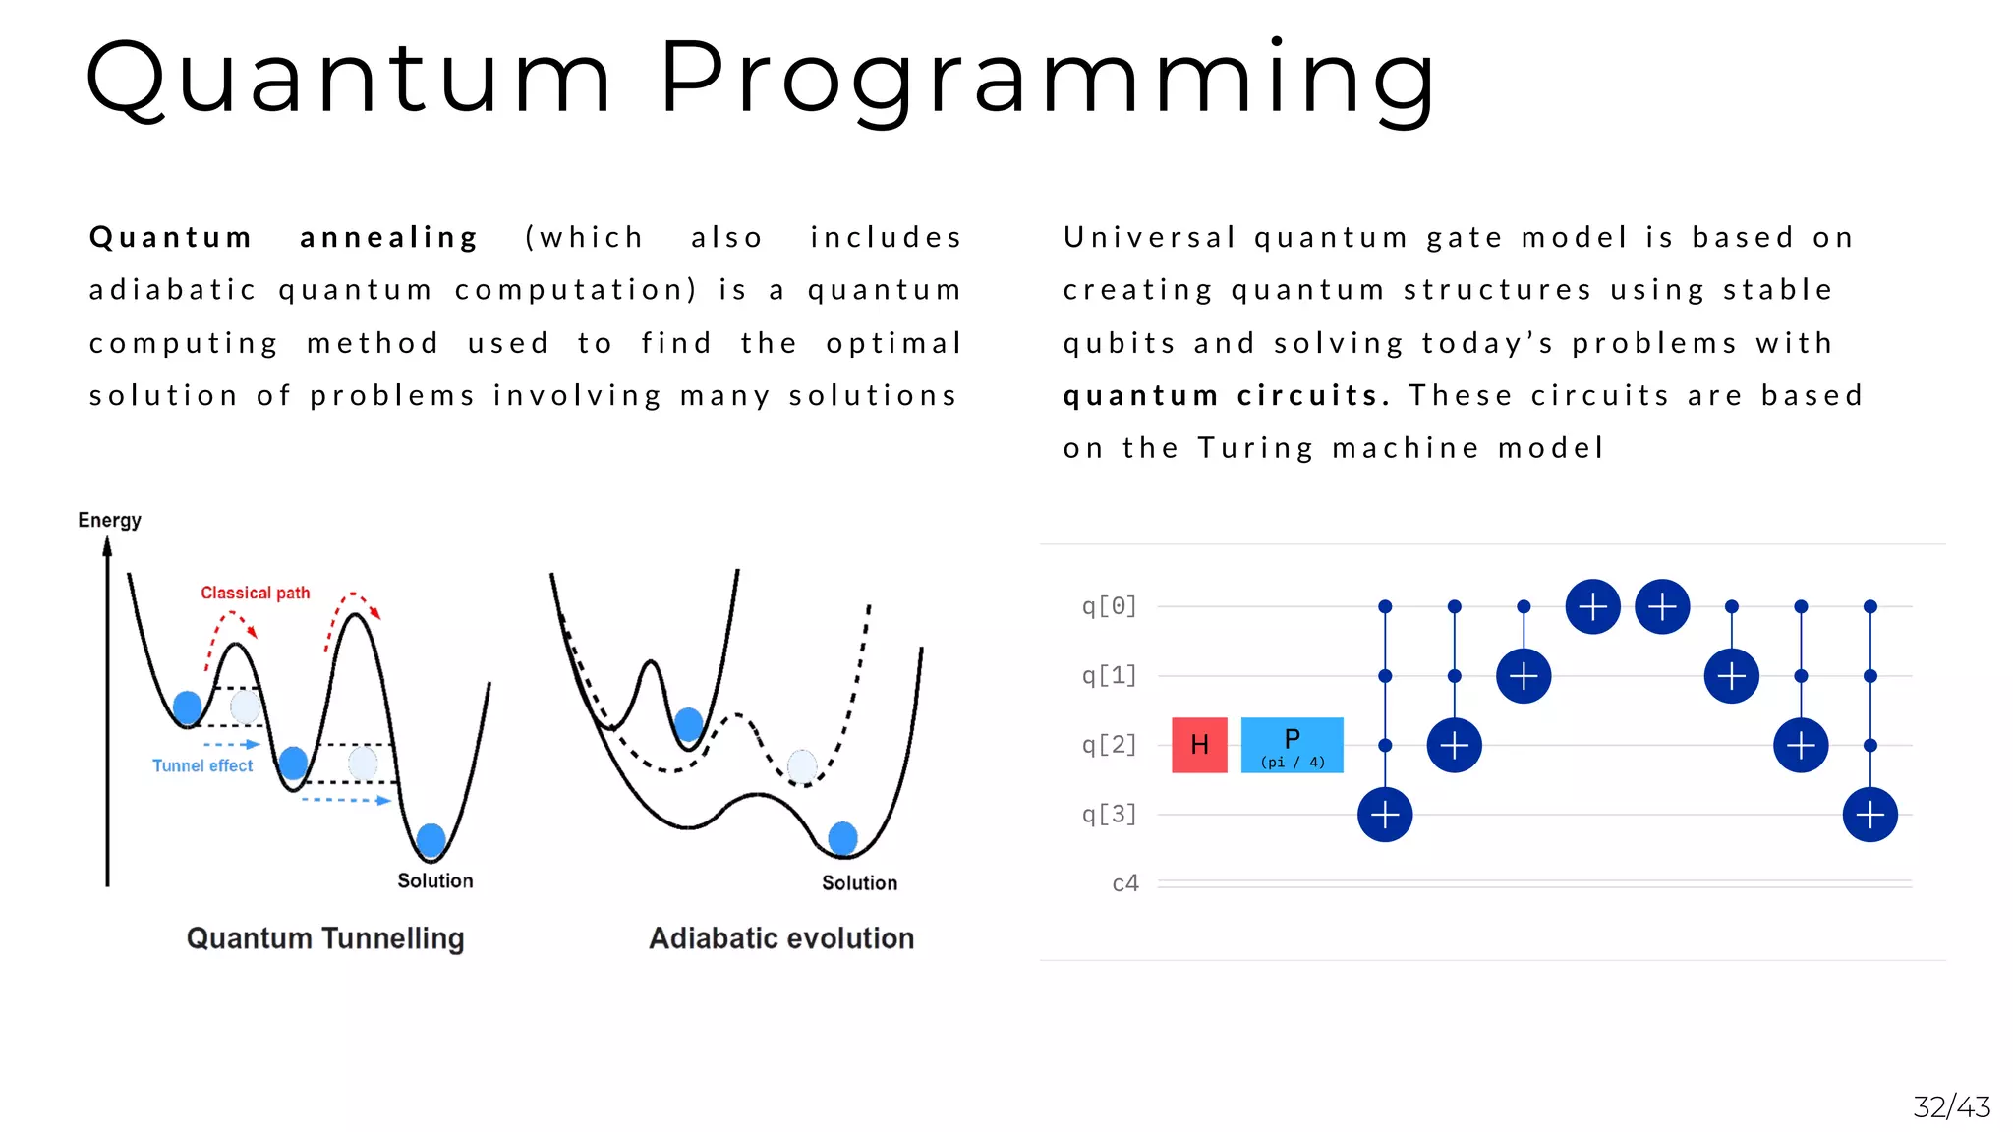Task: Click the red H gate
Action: pos(1199,745)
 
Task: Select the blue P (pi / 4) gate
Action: pos(1292,745)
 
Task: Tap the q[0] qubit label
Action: pos(1109,606)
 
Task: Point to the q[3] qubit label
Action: pos(1109,815)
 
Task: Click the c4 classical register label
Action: pos(1124,883)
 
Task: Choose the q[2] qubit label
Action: pos(1109,745)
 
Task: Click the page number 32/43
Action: pos(1951,1107)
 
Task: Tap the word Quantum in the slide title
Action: pos(349,79)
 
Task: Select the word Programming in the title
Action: pos(1048,79)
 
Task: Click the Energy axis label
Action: pos(109,520)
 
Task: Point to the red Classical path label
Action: pos(255,593)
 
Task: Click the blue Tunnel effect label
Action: pos(202,765)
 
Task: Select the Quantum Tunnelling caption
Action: pos(325,938)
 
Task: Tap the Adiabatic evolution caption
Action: pos(781,938)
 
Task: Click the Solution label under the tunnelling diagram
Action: pos(434,880)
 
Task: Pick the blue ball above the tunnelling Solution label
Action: pos(431,841)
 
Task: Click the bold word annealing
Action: pos(389,238)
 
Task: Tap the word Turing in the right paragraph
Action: pos(1255,448)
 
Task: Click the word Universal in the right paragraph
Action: pos(1149,238)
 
